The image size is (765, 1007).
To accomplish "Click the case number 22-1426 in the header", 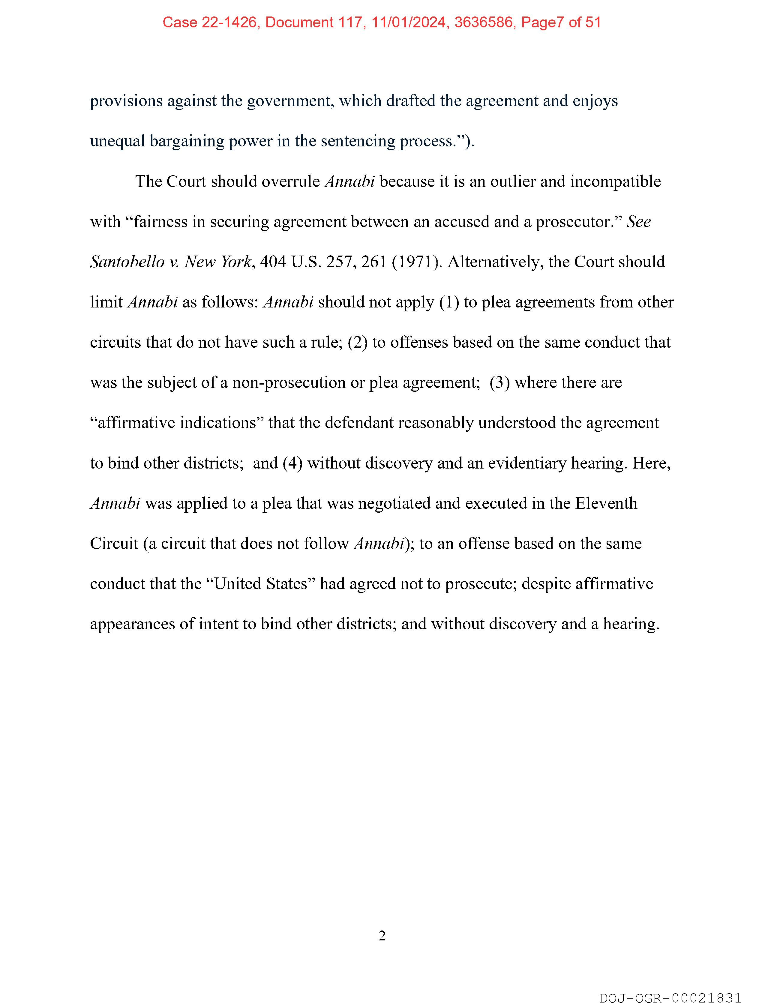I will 229,22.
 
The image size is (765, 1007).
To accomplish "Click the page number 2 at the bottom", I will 382,936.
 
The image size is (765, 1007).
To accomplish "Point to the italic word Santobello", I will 127,262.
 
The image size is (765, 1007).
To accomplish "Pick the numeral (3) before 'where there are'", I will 499,382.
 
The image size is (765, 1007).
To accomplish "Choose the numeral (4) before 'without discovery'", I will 292,463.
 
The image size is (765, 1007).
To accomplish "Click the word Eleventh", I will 606,503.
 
